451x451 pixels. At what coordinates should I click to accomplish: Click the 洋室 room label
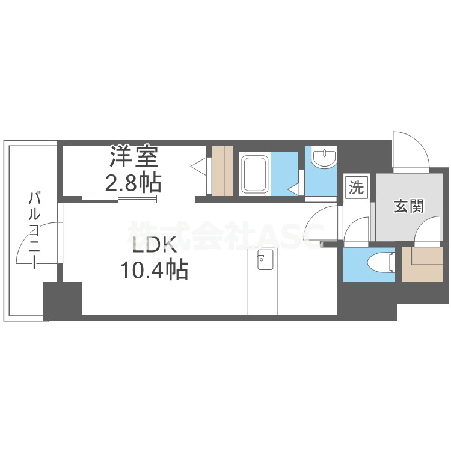click(x=133, y=157)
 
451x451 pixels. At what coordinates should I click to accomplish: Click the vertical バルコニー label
click(x=34, y=229)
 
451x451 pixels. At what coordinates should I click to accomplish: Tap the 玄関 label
click(x=409, y=206)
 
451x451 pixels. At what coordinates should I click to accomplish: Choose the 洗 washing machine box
click(x=357, y=188)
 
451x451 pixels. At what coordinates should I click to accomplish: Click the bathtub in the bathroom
click(x=255, y=174)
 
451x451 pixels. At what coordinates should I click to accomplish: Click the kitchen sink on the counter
click(x=262, y=260)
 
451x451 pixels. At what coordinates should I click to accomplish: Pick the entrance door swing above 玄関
click(x=411, y=150)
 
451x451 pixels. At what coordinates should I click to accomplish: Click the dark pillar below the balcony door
click(x=63, y=300)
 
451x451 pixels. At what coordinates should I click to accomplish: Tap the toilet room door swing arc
click(x=358, y=232)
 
